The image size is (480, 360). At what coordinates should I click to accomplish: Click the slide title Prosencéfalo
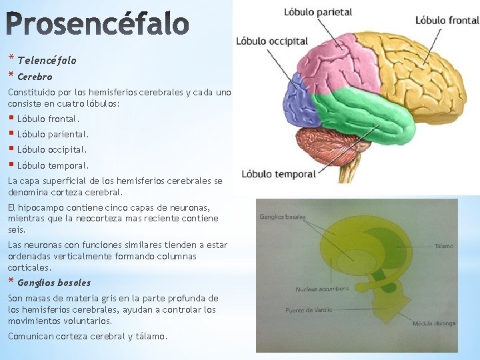point(98,24)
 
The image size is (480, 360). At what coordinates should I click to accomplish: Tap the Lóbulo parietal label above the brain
point(318,12)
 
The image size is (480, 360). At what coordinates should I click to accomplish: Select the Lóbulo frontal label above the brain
point(447,20)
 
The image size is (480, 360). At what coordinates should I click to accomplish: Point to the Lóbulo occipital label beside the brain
point(271,41)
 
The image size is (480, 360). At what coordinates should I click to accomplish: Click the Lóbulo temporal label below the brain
point(279,175)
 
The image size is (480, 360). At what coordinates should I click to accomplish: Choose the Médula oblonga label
point(434,324)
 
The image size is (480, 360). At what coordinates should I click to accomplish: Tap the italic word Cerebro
point(35,77)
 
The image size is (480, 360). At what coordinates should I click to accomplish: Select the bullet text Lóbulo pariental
point(53,135)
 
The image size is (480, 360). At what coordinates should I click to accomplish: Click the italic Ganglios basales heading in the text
point(54,283)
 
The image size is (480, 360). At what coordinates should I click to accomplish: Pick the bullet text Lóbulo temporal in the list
point(53,165)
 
